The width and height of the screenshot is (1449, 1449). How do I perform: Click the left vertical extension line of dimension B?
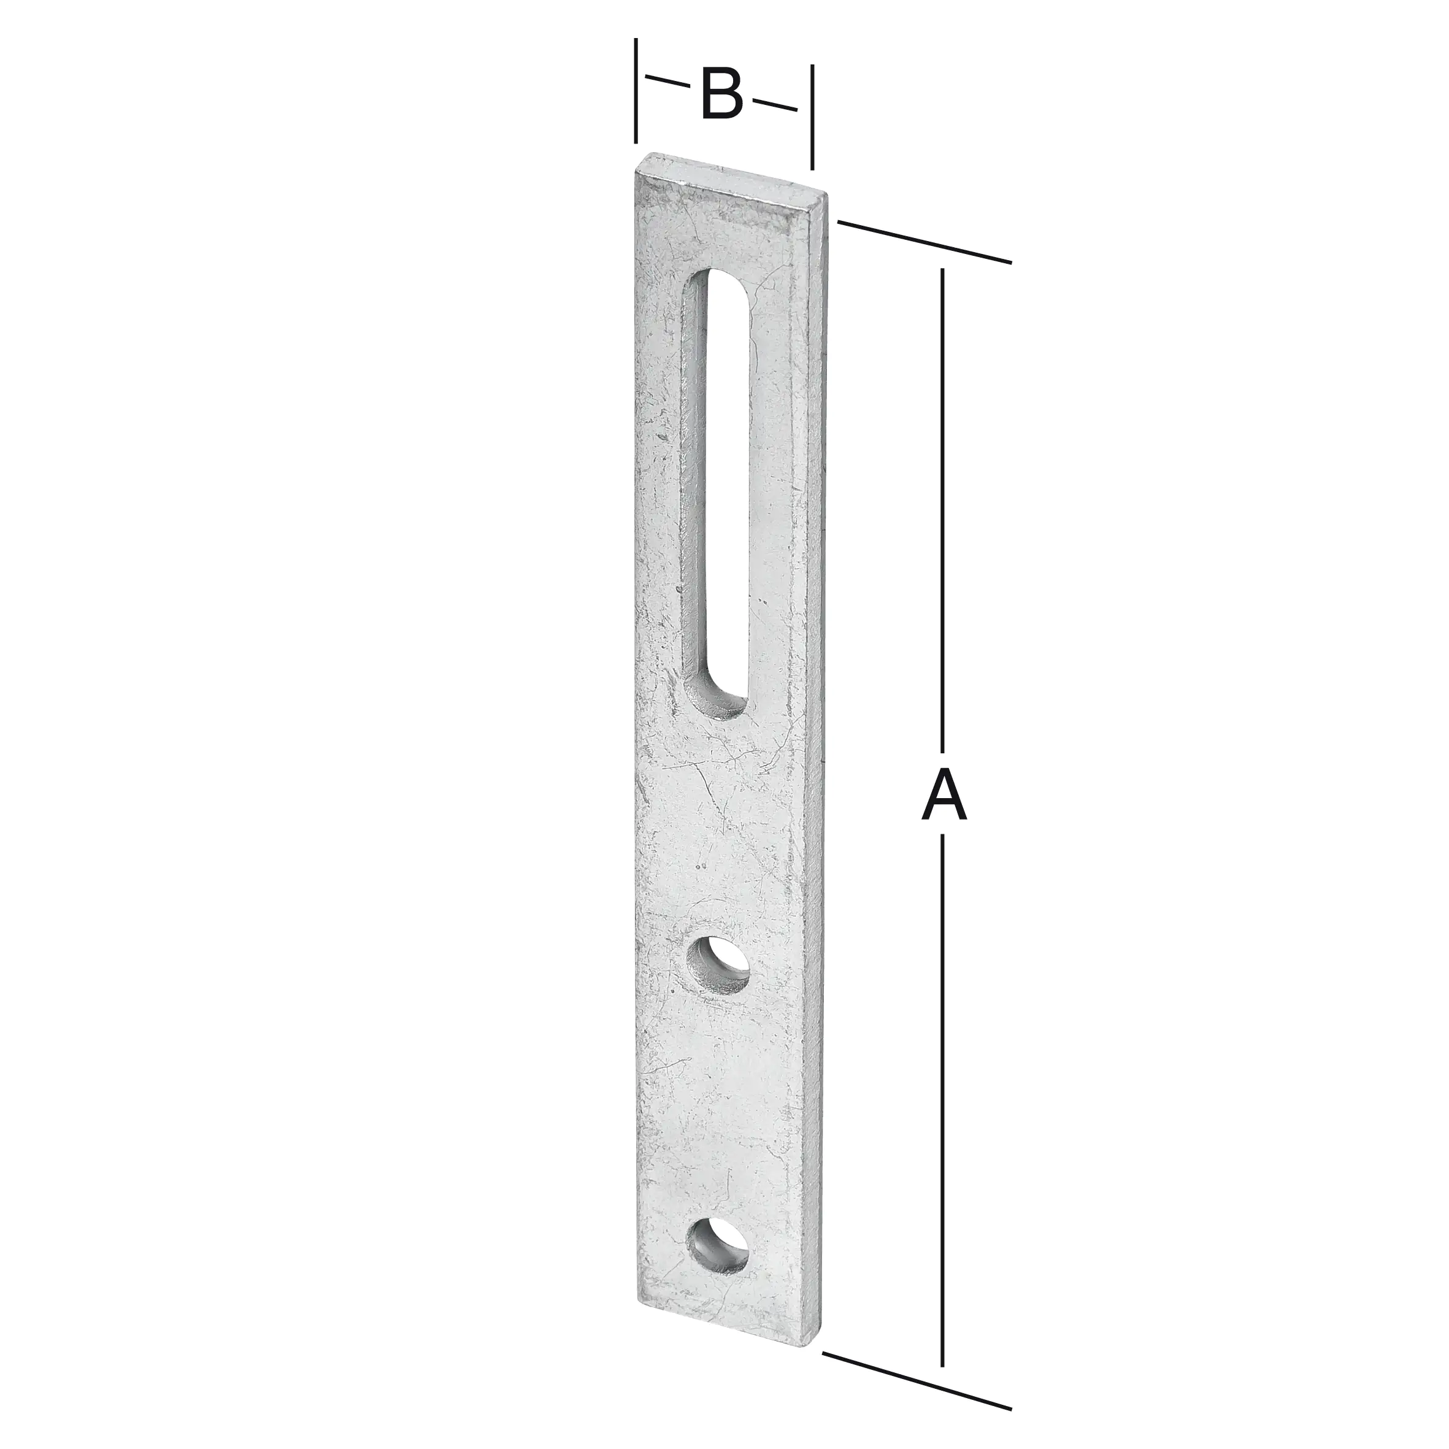tap(636, 90)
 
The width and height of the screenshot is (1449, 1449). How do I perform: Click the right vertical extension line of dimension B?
tap(812, 116)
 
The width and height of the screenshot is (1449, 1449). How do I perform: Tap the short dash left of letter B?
tap(667, 81)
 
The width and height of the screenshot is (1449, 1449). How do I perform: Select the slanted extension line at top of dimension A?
tap(924, 242)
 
